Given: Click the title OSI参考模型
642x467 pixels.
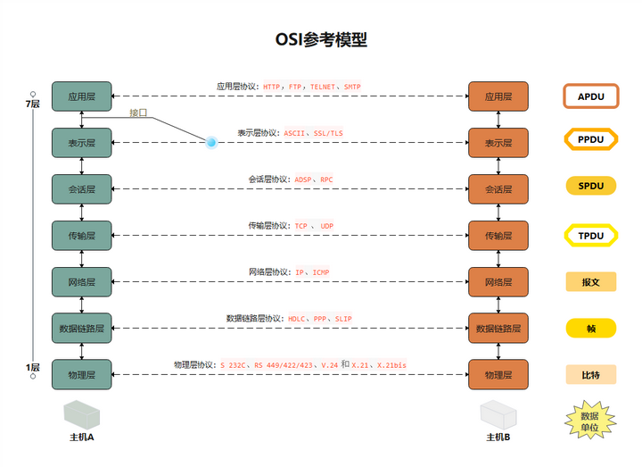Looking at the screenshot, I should pos(321,39).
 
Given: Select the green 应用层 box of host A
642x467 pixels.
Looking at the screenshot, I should pos(81,96).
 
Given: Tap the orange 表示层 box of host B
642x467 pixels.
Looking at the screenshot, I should pos(498,143).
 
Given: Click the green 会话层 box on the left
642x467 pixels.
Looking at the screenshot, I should pos(81,189).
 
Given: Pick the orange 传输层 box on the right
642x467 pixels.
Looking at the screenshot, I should pos(498,236).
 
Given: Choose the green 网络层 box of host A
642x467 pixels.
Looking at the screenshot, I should pos(81,282).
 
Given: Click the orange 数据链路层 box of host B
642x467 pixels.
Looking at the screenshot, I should pos(498,329).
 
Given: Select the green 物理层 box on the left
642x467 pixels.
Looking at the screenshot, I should pos(81,374).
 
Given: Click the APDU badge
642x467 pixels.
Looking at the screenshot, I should pos(590,96).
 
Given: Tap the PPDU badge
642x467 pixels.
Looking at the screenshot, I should pos(590,140).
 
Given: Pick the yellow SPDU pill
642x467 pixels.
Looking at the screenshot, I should pos(590,187).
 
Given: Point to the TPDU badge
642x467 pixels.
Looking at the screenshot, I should pos(590,236).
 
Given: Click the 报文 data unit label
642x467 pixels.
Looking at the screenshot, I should pos(590,282).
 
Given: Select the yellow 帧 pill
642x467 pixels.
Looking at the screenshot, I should pos(590,329).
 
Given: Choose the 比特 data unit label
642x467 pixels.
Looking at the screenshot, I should pos(590,374).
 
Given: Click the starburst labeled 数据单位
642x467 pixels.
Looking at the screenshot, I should pos(590,421).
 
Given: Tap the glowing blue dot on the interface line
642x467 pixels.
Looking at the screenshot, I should pos(211,142).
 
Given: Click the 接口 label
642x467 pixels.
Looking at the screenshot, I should pos(138,113).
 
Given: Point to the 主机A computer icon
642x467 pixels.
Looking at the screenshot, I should pos(82,415).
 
